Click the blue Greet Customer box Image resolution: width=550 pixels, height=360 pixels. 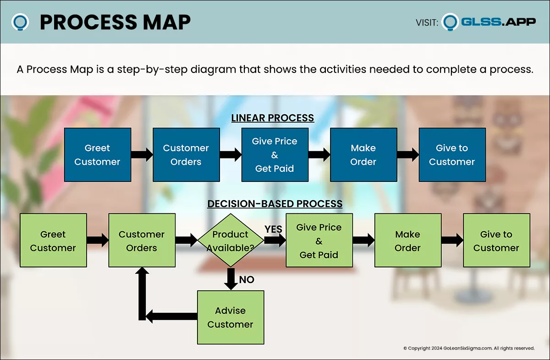coord(97,155)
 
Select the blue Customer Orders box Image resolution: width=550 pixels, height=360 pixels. coord(186,155)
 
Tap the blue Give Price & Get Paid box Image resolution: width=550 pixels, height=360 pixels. coord(275,155)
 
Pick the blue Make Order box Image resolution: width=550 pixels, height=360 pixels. coord(363,155)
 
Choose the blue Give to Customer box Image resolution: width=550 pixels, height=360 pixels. coord(452,155)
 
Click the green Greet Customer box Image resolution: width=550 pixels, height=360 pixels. coord(53,240)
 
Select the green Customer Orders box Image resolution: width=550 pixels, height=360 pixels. coord(142,240)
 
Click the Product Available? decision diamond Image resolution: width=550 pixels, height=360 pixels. coord(230,240)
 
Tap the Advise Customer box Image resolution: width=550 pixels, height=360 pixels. coord(230,317)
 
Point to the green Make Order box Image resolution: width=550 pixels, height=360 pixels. coord(407,240)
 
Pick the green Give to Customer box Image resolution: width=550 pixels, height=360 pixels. coord(496,240)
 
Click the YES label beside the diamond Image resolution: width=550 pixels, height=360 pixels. coord(273,229)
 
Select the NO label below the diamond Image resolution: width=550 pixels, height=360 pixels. coord(247,279)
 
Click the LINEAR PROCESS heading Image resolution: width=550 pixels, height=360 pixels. coord(272,118)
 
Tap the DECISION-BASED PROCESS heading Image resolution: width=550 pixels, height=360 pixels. coord(275,203)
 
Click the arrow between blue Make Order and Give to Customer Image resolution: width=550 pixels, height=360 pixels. coord(407,155)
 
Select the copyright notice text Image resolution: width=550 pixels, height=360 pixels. coord(469,348)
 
